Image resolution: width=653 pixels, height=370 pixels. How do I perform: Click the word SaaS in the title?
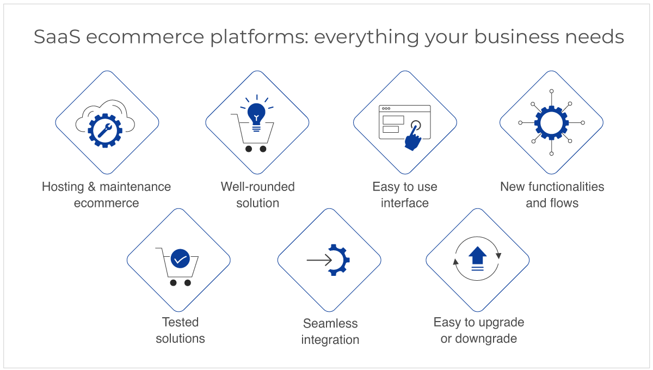tap(57, 37)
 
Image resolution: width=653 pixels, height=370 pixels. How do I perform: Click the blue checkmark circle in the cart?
tap(180, 258)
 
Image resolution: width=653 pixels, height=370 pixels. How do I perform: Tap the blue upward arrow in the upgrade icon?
tap(477, 258)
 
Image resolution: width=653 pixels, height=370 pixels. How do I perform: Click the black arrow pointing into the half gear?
tap(319, 260)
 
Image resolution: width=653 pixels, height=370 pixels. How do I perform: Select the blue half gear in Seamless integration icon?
tap(339, 260)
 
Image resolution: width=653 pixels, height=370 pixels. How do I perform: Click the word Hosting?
tap(63, 187)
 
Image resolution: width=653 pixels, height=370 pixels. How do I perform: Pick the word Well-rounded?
tap(258, 187)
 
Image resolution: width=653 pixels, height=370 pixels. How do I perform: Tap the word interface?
tap(405, 203)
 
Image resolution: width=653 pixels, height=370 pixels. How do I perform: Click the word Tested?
tap(180, 322)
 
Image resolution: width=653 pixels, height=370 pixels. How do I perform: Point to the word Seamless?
tap(330, 323)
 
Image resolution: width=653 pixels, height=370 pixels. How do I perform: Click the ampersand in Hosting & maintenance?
tap(92, 187)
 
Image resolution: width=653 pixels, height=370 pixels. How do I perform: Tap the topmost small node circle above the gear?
tap(551, 91)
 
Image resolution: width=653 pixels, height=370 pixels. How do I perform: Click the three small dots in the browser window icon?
tap(386, 108)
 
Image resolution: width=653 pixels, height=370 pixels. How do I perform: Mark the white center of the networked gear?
tap(551, 123)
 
